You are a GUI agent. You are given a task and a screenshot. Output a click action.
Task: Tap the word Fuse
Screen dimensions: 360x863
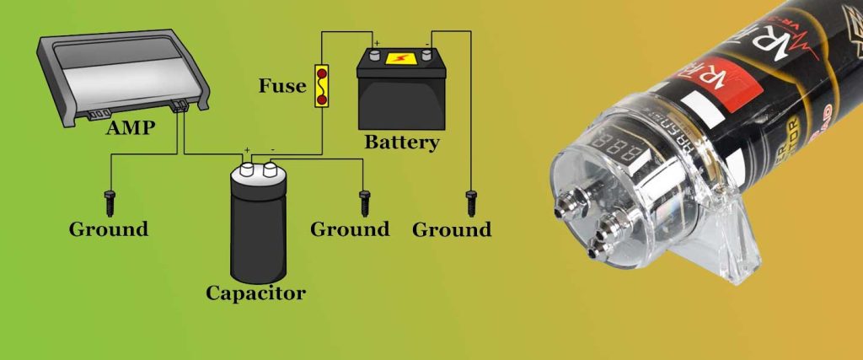(281, 86)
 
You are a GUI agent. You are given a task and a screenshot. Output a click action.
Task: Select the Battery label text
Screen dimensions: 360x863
(401, 142)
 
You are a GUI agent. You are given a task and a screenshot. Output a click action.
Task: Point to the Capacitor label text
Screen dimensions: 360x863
(255, 294)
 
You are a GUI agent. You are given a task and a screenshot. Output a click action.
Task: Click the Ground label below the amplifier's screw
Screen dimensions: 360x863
(109, 229)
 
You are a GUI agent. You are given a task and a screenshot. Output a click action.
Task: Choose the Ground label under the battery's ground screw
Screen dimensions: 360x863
(452, 229)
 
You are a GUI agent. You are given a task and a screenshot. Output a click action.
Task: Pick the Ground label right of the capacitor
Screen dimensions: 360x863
(350, 229)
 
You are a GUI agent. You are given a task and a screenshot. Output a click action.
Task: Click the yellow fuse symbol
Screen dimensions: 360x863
(321, 86)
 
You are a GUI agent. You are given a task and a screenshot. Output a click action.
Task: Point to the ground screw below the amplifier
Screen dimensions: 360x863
(109, 202)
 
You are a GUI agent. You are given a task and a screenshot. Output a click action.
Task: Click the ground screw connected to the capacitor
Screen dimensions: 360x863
(365, 202)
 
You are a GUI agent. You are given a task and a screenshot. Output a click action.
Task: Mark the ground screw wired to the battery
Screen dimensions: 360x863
(471, 202)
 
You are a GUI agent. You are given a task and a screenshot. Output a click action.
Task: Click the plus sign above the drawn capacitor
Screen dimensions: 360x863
(247, 152)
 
